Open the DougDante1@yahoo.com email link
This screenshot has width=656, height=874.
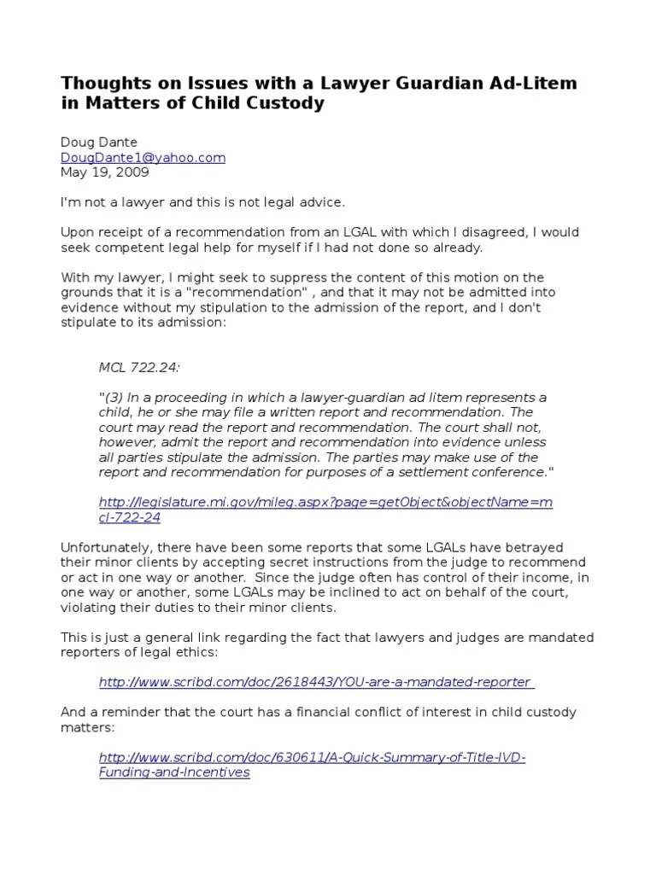[143, 157]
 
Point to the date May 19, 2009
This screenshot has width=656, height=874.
[105, 172]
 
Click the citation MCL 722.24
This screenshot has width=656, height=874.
[139, 367]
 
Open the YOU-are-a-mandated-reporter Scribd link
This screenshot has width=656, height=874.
[316, 682]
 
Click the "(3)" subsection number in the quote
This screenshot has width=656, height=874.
[115, 397]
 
